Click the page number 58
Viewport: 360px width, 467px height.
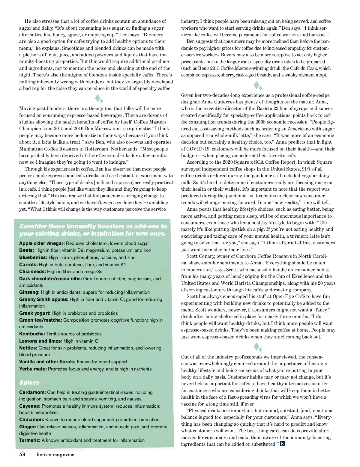22,454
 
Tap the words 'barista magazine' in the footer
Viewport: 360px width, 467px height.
55,455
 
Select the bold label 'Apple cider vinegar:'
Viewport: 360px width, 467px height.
42,243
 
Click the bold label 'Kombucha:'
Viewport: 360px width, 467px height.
32,334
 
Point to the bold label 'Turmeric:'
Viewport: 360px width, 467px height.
30,440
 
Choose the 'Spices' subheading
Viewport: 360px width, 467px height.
29,382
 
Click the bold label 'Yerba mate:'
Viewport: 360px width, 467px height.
33,369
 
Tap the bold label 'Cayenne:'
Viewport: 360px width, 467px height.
30,406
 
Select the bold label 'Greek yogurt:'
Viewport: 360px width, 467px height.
35,313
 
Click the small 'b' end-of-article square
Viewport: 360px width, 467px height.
282,444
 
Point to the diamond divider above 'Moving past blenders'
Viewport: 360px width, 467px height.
99,99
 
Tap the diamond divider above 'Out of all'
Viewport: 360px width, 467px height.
258,347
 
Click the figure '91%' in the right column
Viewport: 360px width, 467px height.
307,169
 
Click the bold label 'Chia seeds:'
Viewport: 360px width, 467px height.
32,272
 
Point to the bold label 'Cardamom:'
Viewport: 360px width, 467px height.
32,392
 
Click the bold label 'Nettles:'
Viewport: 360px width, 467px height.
28,348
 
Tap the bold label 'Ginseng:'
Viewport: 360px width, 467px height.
29,292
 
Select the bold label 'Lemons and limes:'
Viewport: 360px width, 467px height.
41,341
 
